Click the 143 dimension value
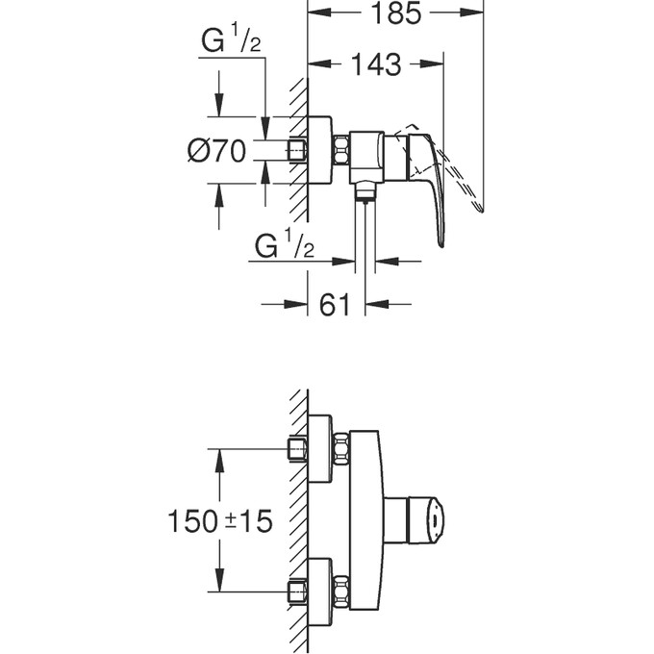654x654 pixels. (x=375, y=65)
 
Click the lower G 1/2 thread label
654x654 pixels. (x=285, y=246)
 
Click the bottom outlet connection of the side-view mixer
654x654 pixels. (x=365, y=191)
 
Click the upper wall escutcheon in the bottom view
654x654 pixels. (x=320, y=448)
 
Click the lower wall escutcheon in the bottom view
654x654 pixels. (x=320, y=589)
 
